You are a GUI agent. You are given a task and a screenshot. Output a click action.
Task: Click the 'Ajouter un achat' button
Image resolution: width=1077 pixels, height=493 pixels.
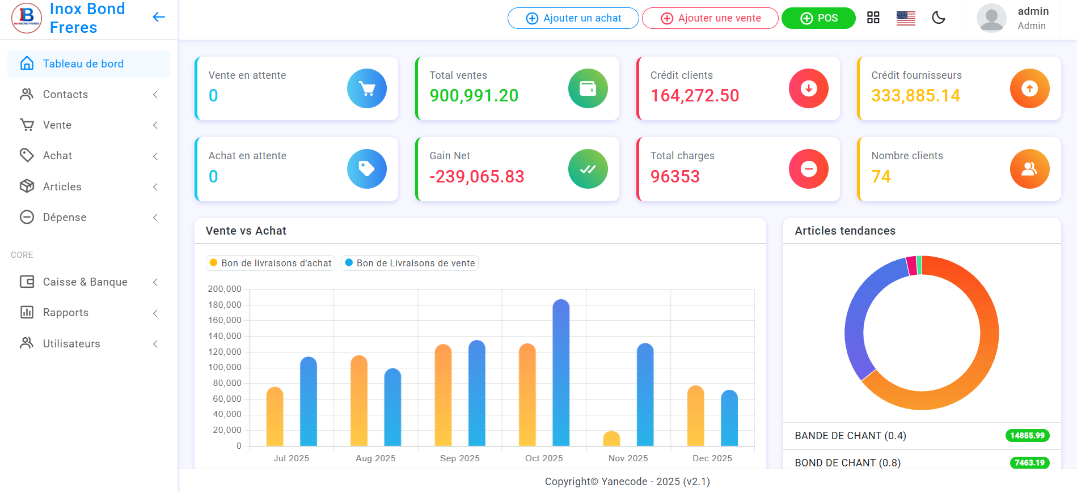(573, 18)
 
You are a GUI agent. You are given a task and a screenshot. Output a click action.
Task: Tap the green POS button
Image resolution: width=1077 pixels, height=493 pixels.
(818, 18)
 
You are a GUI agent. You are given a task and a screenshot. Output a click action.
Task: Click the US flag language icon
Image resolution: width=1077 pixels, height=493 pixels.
(906, 18)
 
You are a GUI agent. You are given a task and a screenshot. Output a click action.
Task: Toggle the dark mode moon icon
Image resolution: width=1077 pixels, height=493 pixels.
(939, 18)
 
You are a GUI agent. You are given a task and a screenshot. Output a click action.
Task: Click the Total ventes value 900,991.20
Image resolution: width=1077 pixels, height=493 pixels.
(474, 96)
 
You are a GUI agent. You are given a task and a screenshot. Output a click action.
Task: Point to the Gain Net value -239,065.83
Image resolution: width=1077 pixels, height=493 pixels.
(476, 177)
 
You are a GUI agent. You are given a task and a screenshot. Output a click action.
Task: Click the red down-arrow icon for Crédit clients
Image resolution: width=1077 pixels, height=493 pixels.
(808, 88)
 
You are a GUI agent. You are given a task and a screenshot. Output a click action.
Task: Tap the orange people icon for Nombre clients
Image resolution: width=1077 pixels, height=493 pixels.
(1029, 169)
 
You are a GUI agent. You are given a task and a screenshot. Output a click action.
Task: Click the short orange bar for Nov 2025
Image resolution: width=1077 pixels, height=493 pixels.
(611, 439)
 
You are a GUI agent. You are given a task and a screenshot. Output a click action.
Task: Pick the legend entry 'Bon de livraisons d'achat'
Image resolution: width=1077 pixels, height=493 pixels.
(271, 263)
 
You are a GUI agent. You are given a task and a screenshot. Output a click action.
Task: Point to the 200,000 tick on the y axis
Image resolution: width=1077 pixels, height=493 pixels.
(225, 289)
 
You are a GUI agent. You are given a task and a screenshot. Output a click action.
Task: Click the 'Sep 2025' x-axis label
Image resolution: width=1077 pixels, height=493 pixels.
(459, 458)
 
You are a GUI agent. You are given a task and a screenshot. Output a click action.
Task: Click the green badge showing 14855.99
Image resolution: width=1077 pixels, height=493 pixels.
(1027, 436)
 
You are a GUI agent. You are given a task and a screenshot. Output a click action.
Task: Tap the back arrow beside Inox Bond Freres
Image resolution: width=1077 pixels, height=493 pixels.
(159, 17)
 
